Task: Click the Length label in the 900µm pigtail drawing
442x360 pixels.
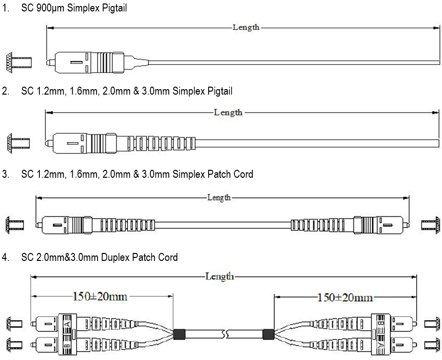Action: [x=246, y=27]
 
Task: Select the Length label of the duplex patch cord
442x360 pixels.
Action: [x=220, y=276]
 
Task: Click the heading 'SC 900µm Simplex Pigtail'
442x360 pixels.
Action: [x=71, y=8]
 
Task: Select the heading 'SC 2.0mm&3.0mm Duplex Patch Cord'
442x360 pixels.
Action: [x=100, y=257]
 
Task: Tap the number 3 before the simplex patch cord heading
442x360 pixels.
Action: [x=5, y=174]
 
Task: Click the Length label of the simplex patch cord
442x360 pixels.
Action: [x=219, y=198]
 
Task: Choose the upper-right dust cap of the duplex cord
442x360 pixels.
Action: [x=431, y=324]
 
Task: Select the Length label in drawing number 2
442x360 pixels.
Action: [x=228, y=112]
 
